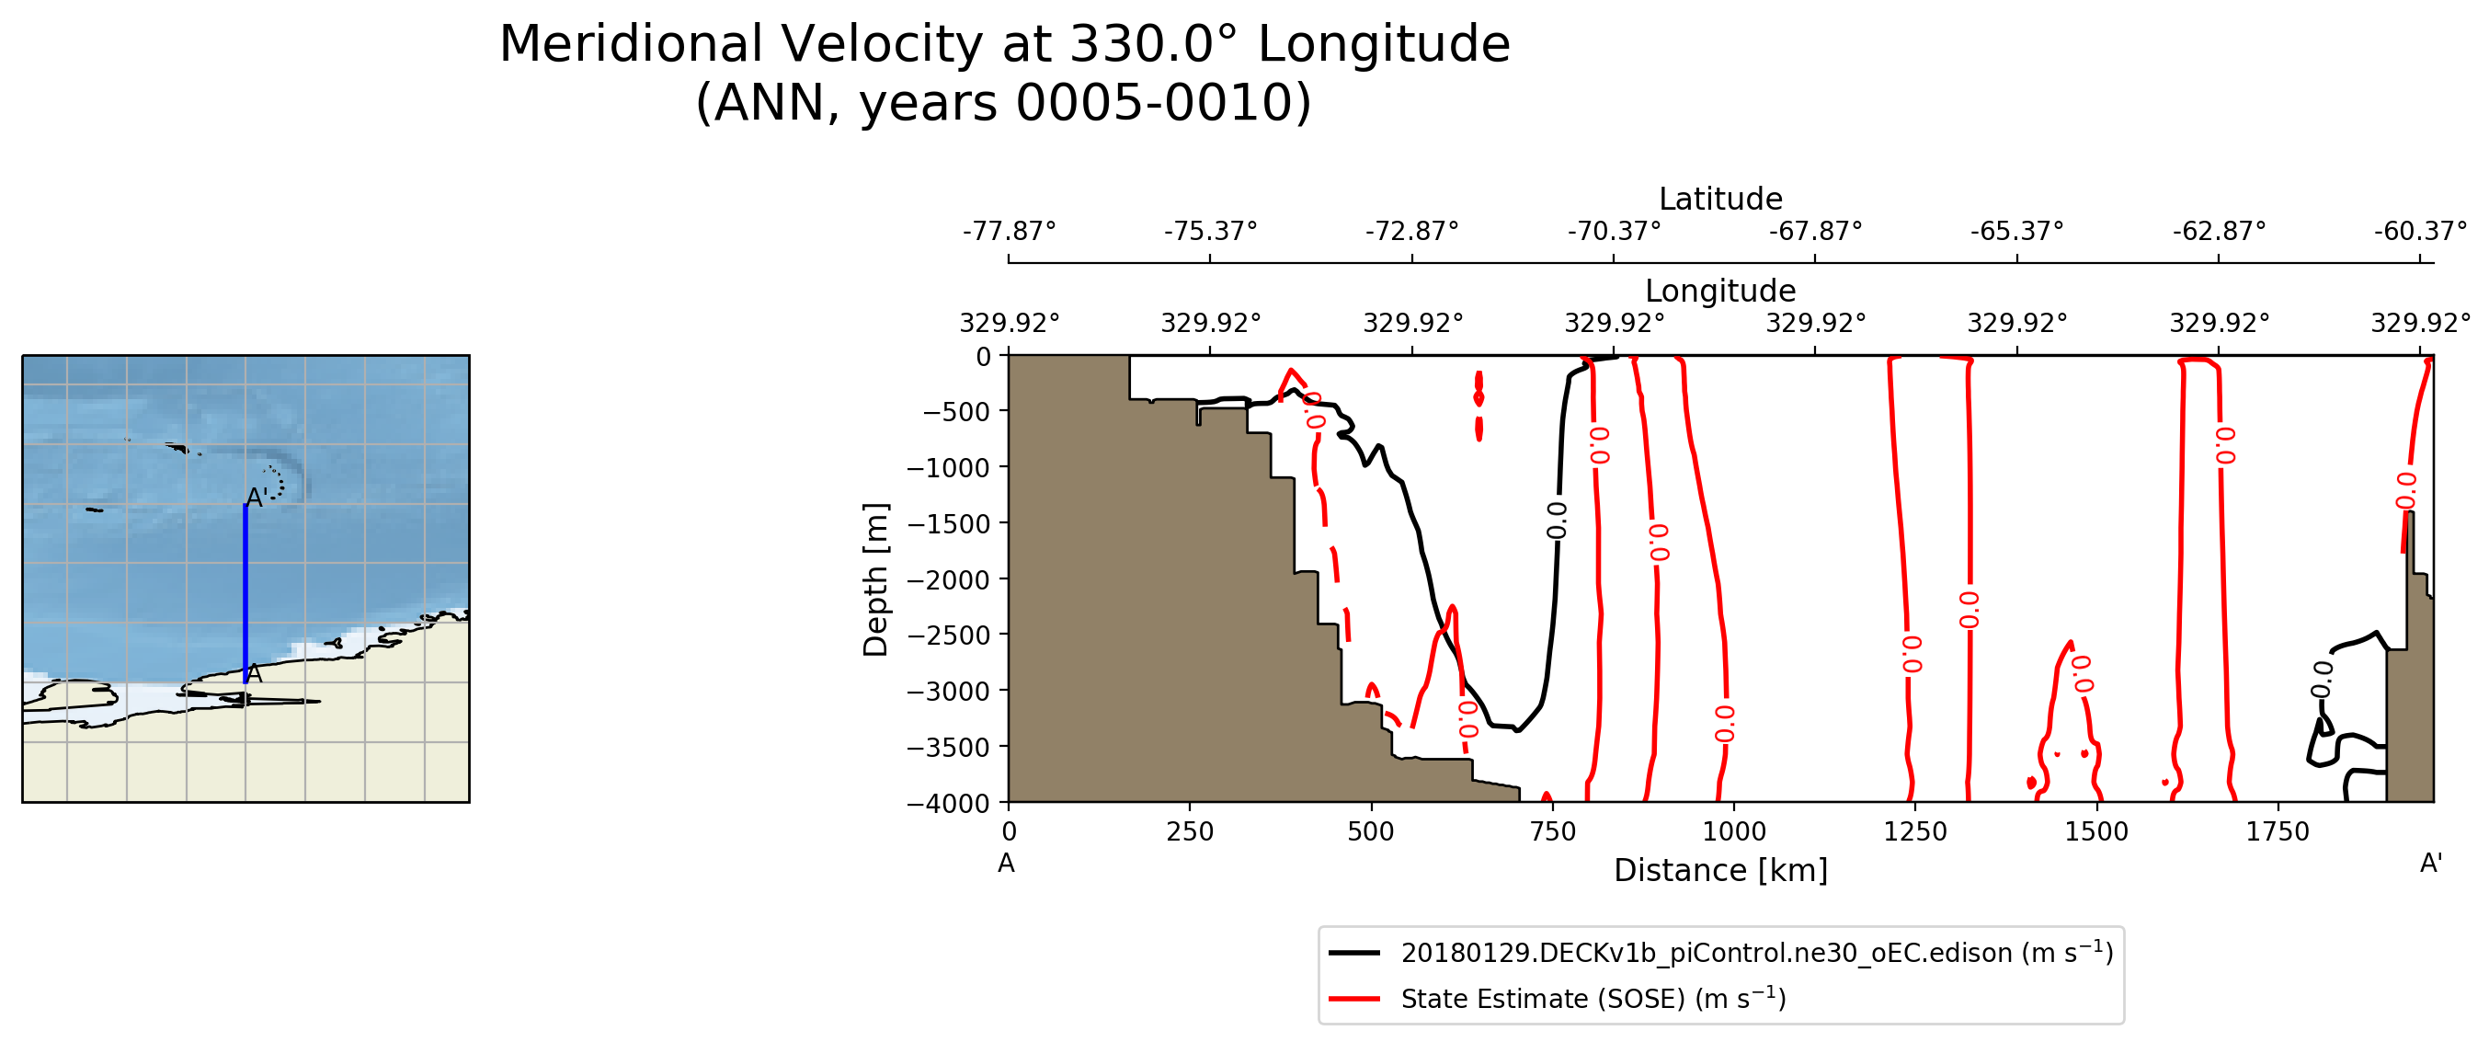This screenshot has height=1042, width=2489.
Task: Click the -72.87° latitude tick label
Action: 1411,232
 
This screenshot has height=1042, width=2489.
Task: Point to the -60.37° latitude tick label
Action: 2419,232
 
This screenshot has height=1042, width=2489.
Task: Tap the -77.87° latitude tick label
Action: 1009,232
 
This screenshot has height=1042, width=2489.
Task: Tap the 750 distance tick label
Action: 1553,831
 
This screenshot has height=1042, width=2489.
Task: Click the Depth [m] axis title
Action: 875,580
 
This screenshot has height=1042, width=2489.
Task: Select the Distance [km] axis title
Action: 1720,871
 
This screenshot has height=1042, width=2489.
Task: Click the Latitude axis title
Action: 1720,200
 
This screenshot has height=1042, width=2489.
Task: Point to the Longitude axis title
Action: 1720,291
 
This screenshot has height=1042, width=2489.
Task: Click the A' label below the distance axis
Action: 2431,864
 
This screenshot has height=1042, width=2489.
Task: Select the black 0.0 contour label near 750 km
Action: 1557,520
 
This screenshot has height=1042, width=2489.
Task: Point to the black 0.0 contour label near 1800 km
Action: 2323,678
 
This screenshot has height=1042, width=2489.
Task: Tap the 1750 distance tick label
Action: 2278,831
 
